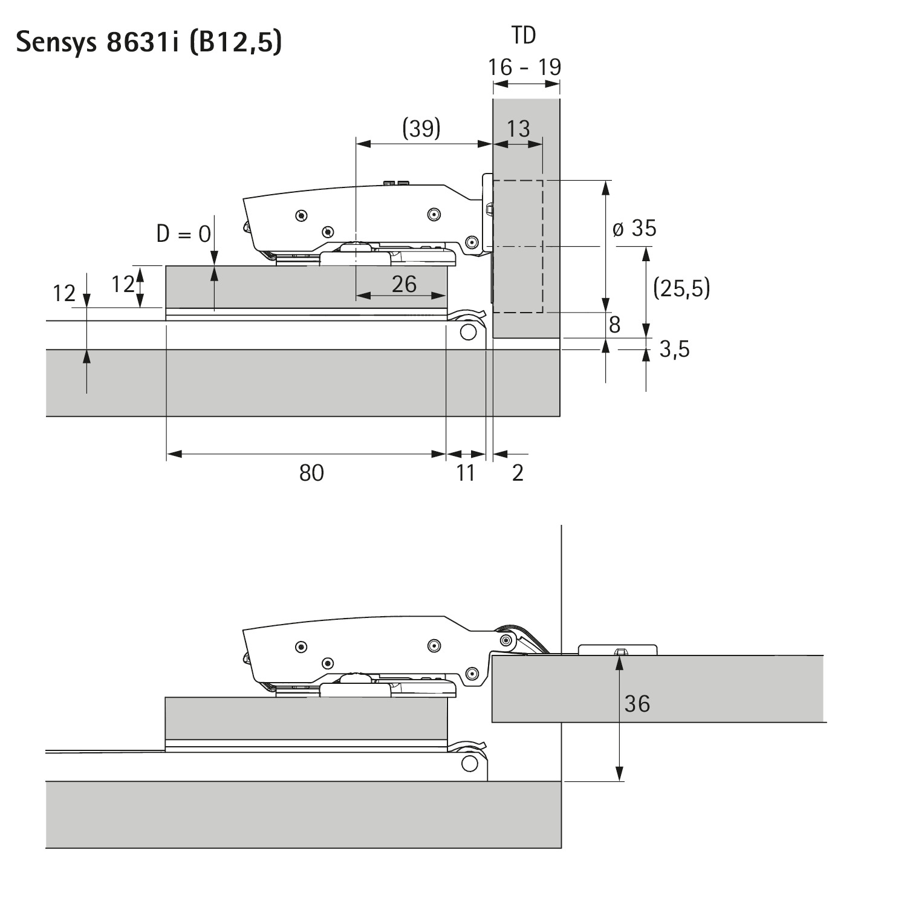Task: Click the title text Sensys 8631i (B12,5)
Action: click(149, 42)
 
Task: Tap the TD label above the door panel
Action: click(524, 36)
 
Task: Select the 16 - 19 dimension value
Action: click(525, 67)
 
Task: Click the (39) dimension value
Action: click(421, 128)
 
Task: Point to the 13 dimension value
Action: click(518, 129)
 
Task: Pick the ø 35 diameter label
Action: click(634, 229)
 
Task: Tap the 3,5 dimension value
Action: click(674, 349)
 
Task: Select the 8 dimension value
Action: click(614, 325)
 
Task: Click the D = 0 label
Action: click(184, 233)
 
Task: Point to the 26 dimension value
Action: click(404, 284)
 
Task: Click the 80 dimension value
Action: click(311, 473)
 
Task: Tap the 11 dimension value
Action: click(466, 473)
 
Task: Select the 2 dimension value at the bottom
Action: click(518, 473)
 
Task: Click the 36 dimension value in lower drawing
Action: click(637, 704)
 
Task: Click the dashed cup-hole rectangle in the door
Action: click(518, 246)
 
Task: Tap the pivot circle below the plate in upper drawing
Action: click(467, 332)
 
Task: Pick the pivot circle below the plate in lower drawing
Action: click(469, 763)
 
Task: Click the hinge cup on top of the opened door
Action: click(618, 650)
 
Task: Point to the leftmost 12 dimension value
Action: click(64, 294)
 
